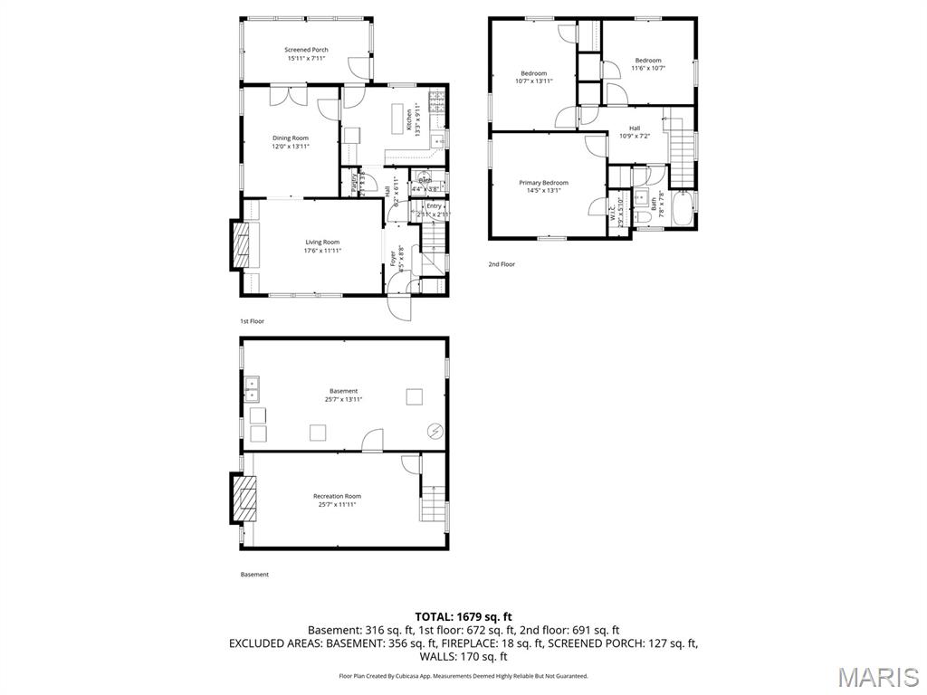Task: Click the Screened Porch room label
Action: (306, 50)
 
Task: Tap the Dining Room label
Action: (291, 138)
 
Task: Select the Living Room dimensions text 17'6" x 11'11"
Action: (322, 251)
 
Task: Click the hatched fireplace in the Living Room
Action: (241, 245)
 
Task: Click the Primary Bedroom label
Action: (543, 182)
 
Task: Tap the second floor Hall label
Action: (635, 128)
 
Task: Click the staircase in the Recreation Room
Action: (433, 502)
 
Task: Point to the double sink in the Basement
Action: (251, 389)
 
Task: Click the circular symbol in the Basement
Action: (435, 432)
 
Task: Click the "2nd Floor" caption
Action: (502, 264)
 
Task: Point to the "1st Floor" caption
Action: (252, 321)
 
